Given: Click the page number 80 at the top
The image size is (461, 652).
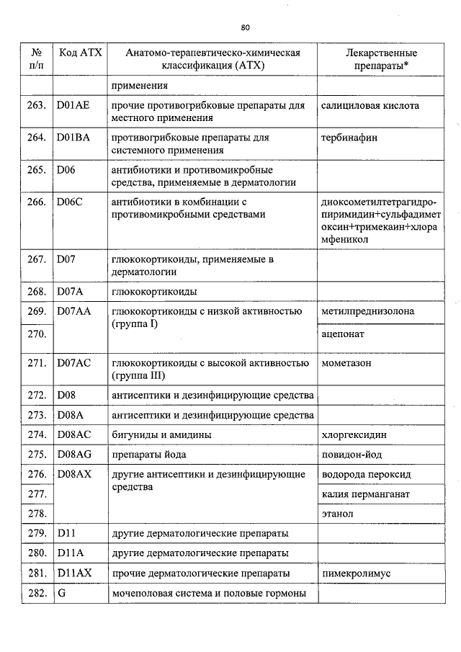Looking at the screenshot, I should [x=245, y=27].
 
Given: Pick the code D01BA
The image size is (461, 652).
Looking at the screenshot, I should [x=73, y=138].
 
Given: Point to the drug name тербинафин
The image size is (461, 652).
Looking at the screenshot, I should [x=349, y=138].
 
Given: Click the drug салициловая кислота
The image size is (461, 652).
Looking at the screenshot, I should [x=370, y=106].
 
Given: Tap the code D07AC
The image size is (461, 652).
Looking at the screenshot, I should [x=73, y=363].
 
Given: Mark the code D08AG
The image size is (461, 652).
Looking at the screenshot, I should [x=74, y=455].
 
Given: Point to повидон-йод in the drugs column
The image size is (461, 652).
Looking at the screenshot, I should [x=352, y=455].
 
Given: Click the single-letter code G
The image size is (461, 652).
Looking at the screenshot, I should [x=61, y=594].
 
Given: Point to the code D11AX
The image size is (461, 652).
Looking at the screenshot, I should [x=73, y=573].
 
